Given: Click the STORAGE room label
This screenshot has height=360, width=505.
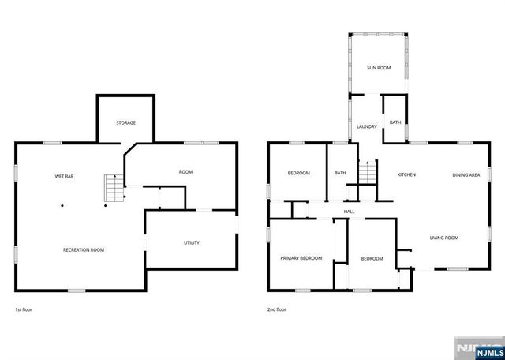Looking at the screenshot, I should click(x=126, y=123).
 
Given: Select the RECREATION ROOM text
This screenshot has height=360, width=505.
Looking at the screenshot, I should click(x=84, y=250).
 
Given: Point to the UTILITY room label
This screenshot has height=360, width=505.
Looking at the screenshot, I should click(x=192, y=242).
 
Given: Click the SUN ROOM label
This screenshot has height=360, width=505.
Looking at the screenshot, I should click(x=379, y=68).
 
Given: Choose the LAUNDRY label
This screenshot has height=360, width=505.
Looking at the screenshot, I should click(x=367, y=126).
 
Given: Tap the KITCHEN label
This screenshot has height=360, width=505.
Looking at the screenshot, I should click(x=406, y=174).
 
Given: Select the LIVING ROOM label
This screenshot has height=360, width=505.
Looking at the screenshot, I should click(x=444, y=238).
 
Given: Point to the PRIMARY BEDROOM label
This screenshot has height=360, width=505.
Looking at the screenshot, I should click(x=301, y=258).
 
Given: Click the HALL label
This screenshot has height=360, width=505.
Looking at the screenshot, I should click(x=349, y=212).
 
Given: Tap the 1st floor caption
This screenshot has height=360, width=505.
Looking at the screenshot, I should click(x=24, y=309).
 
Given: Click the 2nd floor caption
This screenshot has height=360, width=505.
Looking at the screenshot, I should click(x=276, y=309).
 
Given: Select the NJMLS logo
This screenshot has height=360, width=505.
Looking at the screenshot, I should click(x=476, y=348).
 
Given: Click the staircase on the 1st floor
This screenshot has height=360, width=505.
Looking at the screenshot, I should click(x=115, y=188).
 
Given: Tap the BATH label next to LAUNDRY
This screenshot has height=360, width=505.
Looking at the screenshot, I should click(x=395, y=122).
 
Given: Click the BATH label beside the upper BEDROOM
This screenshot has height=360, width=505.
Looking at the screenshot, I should click(x=340, y=173).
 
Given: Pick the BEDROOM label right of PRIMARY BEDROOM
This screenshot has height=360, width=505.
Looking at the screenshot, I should click(x=372, y=258).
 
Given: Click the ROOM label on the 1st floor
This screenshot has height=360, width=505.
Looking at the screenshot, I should click(x=185, y=172).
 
